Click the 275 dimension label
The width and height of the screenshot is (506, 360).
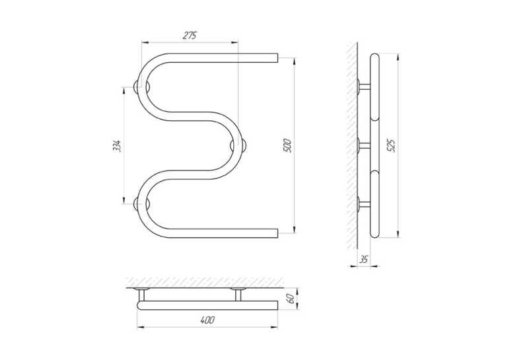190,36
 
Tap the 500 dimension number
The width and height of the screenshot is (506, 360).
287,145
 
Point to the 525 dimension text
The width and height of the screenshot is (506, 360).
391,146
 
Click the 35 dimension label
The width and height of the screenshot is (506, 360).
363,260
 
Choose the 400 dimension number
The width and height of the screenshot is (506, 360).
207,320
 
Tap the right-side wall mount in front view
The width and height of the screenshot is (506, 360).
238,146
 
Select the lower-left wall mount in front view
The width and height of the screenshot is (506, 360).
142,204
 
